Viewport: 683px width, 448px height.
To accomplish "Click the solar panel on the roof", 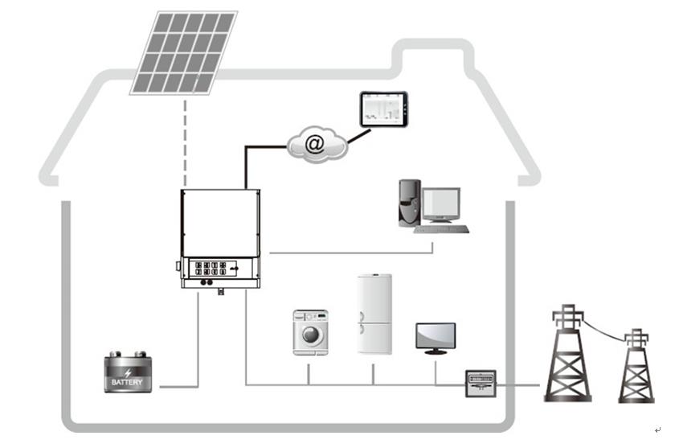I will point(184,51).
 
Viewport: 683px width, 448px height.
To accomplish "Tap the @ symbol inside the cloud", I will point(316,144).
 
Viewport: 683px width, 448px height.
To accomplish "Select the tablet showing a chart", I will point(383,109).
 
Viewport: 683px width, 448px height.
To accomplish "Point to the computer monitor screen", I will point(441,204).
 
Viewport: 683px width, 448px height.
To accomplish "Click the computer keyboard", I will point(442,229).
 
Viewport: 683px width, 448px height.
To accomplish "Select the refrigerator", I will point(374,314).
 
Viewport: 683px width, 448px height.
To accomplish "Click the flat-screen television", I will point(436,336).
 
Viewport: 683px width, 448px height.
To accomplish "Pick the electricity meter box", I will point(481,383).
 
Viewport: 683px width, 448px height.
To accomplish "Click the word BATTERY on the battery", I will point(127,382).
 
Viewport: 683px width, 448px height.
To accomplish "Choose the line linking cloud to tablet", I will point(358,134).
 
